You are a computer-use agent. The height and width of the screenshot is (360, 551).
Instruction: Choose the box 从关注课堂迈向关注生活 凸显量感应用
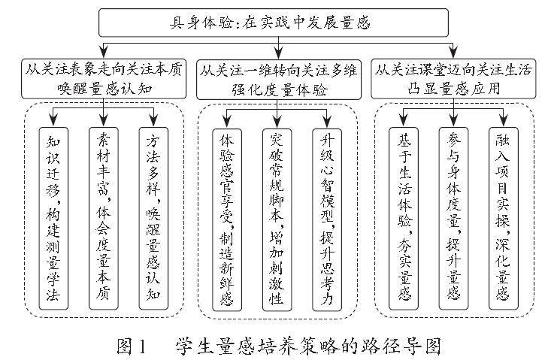453,79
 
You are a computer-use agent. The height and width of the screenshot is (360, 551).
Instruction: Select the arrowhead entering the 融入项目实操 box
504,123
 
